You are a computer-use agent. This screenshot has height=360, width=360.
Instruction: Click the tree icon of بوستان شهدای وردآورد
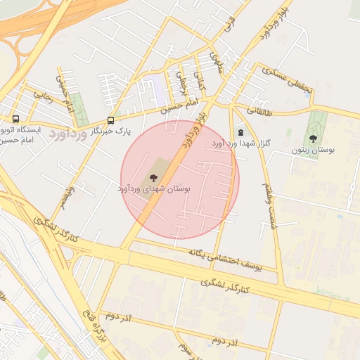point(153,178)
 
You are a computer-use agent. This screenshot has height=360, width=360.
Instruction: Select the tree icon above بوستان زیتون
point(313,139)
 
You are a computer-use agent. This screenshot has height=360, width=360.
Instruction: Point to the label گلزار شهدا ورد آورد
point(241,143)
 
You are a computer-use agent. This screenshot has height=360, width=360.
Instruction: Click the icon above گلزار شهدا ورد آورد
point(241,131)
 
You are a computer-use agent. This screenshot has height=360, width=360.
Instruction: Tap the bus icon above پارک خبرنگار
point(110,120)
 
